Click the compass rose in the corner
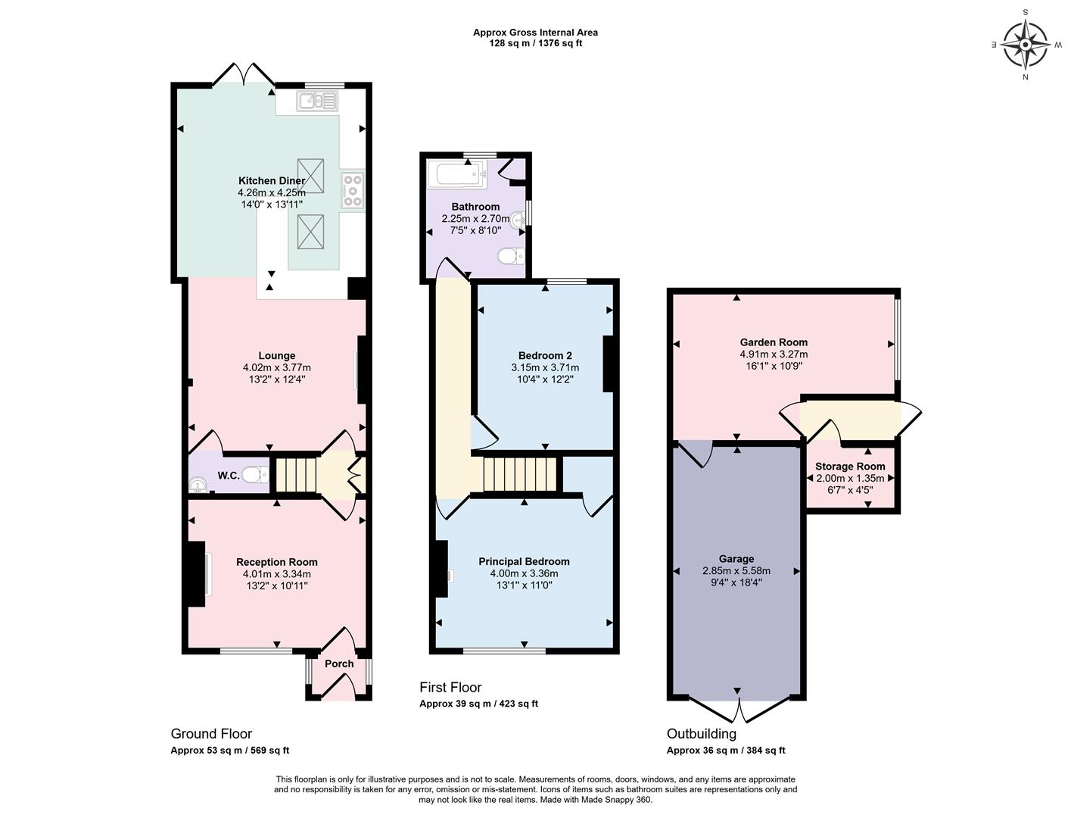1026,44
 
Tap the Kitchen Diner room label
272,180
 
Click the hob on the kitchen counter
353,189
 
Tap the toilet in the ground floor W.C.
256,474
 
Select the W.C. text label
229,476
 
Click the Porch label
339,663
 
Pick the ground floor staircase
295,475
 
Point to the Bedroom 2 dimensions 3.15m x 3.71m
545,367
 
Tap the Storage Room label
850,467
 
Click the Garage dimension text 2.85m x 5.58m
736,571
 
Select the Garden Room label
774,342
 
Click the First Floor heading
450,688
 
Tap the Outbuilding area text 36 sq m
725,751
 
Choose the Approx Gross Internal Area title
535,33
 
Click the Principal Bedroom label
524,561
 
